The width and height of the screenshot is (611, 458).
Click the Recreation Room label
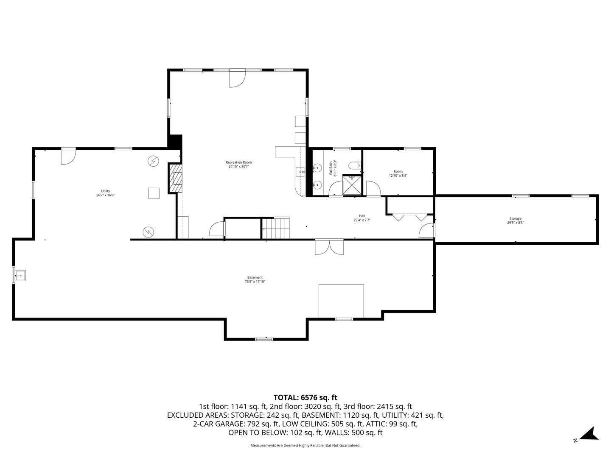(238, 165)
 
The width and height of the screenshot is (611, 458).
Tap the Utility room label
(105, 193)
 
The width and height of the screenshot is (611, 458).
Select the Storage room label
(516, 221)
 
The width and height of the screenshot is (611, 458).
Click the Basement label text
(255, 279)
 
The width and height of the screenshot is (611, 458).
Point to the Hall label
(362, 218)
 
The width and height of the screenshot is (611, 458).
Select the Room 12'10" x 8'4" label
(398, 173)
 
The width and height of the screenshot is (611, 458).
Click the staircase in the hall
(276, 228)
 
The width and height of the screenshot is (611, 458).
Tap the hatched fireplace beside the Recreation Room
(176, 178)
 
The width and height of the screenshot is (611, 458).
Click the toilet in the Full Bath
(353, 165)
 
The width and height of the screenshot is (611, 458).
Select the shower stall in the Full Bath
(352, 185)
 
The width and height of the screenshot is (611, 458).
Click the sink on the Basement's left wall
(20, 276)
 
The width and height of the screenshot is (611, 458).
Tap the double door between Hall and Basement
(329, 247)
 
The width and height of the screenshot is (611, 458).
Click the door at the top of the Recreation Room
(237, 77)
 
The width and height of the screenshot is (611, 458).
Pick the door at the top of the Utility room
(68, 156)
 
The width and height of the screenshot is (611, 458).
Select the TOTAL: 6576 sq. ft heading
(305, 397)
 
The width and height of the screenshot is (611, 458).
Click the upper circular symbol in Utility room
(153, 161)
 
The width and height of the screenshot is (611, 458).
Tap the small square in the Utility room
(154, 193)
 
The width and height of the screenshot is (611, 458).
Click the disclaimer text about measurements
(305, 445)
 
